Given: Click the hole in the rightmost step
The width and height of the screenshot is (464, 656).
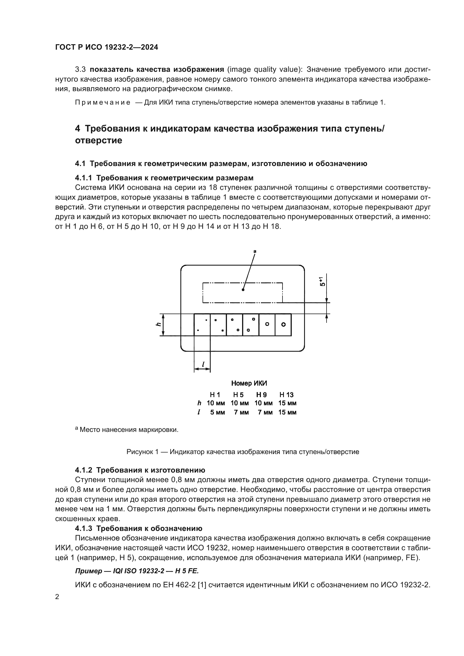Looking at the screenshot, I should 283,324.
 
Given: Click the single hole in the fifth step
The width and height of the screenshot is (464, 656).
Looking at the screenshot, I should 267,324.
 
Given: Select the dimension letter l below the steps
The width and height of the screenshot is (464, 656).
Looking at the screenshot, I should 203,364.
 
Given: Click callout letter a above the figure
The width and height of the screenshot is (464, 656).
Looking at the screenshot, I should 255,251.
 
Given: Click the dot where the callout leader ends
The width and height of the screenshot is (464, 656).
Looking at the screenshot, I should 243,290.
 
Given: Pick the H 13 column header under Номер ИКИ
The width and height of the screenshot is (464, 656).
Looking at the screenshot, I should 286,395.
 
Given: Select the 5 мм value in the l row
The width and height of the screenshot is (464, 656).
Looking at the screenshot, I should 217,412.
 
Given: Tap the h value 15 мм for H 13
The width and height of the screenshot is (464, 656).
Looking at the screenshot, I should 287,403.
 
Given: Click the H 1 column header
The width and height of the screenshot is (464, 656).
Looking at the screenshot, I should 215,395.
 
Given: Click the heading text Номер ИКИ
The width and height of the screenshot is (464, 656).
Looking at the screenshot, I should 249,383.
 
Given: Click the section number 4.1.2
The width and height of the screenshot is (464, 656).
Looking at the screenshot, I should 83,470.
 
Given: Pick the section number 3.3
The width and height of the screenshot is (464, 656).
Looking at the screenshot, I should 80,70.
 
